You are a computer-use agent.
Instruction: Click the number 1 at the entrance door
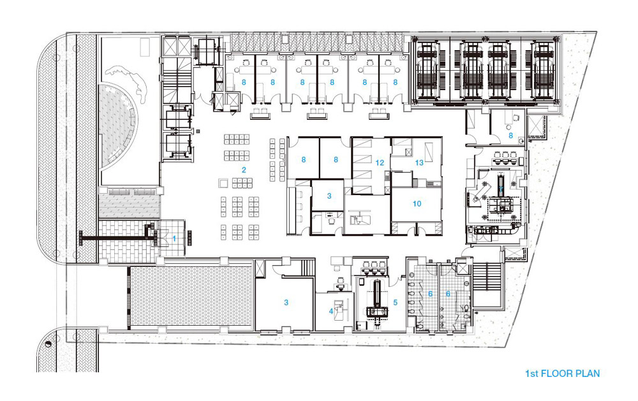point(174,238)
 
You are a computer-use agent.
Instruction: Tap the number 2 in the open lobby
point(244,170)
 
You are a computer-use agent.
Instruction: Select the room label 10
point(417,204)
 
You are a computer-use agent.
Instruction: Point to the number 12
point(380,163)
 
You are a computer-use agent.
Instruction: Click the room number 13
point(419,163)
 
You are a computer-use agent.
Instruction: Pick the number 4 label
point(331,312)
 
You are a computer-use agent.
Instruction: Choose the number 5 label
point(395,303)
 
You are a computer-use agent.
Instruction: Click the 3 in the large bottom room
point(286,303)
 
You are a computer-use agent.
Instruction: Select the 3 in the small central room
point(329,196)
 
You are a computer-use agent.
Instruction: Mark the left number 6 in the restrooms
point(430,294)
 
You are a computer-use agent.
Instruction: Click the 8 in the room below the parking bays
point(510,136)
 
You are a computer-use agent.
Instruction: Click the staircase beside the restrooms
point(487,284)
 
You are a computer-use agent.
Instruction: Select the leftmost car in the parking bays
point(426,71)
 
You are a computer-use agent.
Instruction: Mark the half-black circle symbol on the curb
point(49,344)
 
